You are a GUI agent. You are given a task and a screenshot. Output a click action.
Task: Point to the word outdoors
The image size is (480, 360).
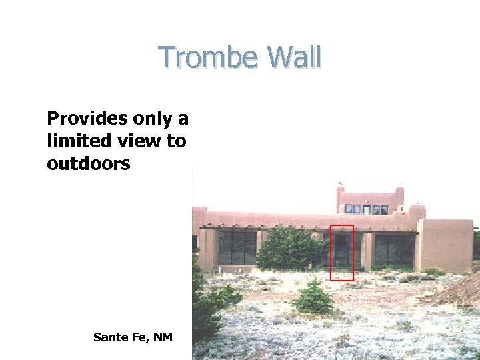(x=89, y=163)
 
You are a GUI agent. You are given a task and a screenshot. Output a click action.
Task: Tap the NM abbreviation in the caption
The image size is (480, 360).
(x=163, y=337)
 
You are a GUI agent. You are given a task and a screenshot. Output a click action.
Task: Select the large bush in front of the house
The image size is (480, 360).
(x=289, y=249)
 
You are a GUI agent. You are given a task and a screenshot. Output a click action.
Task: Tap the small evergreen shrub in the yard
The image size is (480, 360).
(x=313, y=298)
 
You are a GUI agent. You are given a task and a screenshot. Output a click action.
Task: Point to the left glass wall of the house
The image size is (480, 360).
(x=237, y=248)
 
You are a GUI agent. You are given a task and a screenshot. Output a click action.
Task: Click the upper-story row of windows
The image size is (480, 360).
(x=366, y=209)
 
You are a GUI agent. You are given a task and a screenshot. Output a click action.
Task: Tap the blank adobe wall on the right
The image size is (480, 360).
(x=445, y=245)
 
